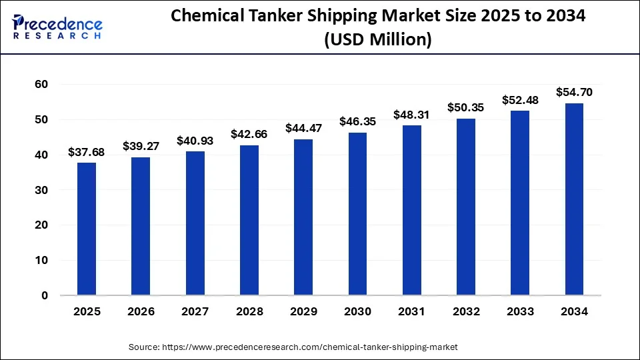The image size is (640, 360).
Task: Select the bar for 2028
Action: [249, 220]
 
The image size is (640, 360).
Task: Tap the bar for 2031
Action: [412, 210]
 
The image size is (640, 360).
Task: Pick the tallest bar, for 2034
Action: [574, 199]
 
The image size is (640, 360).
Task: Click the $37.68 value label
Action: [87, 153]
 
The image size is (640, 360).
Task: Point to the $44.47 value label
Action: [303, 129]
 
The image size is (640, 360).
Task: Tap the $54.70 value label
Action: [574, 93]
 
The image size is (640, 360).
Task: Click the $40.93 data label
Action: [195, 141]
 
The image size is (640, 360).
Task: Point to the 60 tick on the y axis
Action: [41, 85]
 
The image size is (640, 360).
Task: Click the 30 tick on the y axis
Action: [41, 190]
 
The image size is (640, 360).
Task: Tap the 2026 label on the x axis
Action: [141, 311]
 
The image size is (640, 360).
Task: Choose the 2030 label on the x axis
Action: [357, 311]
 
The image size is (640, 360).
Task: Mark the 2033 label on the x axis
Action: [520, 311]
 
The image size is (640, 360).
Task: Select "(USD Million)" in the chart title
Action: [377, 40]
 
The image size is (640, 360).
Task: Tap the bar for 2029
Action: [303, 217]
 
